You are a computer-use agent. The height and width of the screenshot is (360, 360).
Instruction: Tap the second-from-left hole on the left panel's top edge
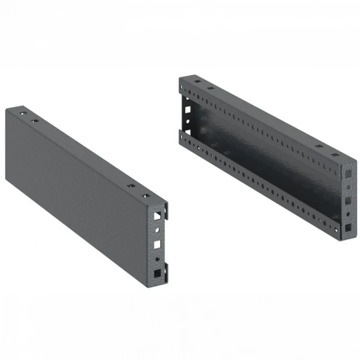pos(34,120)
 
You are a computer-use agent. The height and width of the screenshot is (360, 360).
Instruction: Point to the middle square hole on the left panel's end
pos(158,243)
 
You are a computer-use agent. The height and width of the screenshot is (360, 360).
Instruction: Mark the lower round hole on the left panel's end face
pos(158,258)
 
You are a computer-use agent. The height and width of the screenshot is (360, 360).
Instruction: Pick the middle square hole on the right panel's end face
pos(347,198)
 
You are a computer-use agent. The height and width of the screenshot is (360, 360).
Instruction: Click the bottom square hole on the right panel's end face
pos(347,227)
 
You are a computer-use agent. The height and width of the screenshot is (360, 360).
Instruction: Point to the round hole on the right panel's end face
pos(347,213)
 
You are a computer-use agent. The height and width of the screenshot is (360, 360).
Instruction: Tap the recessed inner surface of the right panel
pos(266,161)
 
